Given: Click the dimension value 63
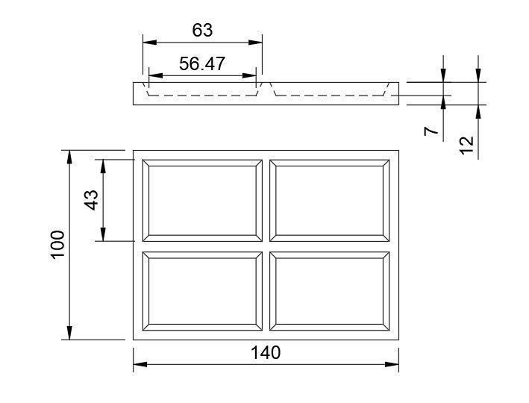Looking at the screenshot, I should pyautogui.click(x=202, y=30).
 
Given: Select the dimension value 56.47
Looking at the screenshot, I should pyautogui.click(x=202, y=64).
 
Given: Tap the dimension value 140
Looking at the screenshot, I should pyautogui.click(x=266, y=352).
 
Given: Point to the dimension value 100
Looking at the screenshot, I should pyautogui.click(x=58, y=244).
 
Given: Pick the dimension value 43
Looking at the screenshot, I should pyautogui.click(x=91, y=200).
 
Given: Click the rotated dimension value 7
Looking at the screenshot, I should pyautogui.click(x=430, y=131).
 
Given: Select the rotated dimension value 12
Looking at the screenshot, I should pyautogui.click(x=467, y=143).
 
